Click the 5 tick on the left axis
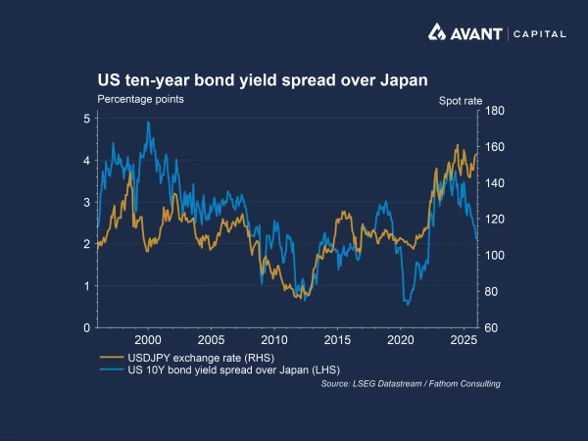click(x=87, y=119)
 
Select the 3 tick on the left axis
click(x=87, y=202)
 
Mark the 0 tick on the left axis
click(x=87, y=327)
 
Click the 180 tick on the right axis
click(x=494, y=112)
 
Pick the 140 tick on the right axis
click(x=494, y=183)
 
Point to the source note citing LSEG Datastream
click(x=411, y=384)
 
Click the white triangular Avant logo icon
click(x=437, y=33)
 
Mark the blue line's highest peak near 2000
click(x=148, y=122)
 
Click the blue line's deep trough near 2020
click(x=408, y=304)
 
